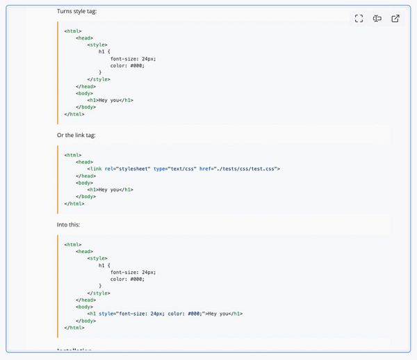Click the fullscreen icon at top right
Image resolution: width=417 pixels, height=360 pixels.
(x=359, y=19)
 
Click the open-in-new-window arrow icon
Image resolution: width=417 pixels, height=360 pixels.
(x=395, y=19)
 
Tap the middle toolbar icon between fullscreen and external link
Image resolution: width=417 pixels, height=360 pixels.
(x=377, y=19)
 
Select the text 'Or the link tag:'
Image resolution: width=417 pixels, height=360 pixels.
(x=76, y=135)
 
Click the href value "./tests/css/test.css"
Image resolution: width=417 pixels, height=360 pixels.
(x=248, y=169)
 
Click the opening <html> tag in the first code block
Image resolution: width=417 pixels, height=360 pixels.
(x=73, y=31)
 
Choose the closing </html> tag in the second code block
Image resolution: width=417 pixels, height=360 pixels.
(x=74, y=204)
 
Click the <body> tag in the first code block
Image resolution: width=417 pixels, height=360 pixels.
(x=86, y=93)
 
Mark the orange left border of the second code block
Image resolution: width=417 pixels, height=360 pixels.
(x=58, y=179)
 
